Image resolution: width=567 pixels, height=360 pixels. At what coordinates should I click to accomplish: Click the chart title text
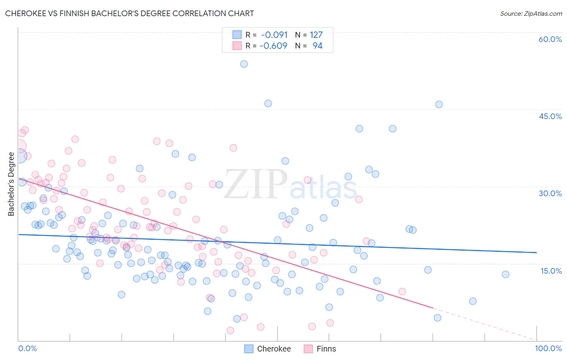point(129,13)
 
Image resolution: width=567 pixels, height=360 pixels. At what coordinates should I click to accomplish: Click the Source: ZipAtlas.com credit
point(531,14)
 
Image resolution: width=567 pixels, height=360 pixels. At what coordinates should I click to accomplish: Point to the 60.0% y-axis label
point(550,39)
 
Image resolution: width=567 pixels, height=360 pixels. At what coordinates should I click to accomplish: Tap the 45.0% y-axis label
point(550,116)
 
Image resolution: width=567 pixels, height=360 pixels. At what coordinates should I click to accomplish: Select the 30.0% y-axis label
point(550,193)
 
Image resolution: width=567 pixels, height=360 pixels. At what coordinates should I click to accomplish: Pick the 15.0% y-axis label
point(551,271)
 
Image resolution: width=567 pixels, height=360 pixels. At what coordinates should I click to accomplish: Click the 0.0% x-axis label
point(27,348)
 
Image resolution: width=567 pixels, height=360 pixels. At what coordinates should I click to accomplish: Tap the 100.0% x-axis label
point(548,348)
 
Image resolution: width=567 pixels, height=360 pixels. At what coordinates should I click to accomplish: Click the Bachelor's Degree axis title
point(11,184)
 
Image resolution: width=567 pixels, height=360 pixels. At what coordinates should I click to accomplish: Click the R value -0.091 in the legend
point(274,35)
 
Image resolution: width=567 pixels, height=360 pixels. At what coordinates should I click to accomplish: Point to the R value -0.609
point(273,46)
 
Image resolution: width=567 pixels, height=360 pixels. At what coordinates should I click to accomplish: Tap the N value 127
point(316,35)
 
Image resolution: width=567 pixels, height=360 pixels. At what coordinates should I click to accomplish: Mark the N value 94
point(317,46)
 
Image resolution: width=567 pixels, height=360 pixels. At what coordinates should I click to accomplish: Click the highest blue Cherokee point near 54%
point(244,64)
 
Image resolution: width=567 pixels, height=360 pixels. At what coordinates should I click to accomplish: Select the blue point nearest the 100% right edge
point(505,274)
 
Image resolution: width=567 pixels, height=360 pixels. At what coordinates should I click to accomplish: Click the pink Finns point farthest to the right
point(402,291)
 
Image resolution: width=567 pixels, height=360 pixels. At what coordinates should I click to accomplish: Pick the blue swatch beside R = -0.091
point(237,35)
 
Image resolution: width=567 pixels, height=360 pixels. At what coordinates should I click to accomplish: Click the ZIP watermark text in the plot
point(255,184)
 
